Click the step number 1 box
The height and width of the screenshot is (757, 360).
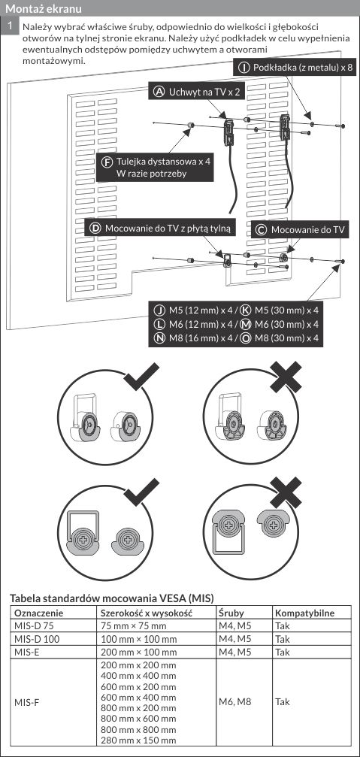[x=10, y=26]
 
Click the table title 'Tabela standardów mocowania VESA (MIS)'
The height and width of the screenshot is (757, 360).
[x=111, y=598]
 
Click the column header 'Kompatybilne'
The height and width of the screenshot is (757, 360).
[x=304, y=613]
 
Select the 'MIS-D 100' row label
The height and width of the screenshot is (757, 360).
[x=37, y=639]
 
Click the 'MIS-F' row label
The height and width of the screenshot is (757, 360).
[x=28, y=701]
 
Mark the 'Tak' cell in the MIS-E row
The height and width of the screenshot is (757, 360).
[x=283, y=652]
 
